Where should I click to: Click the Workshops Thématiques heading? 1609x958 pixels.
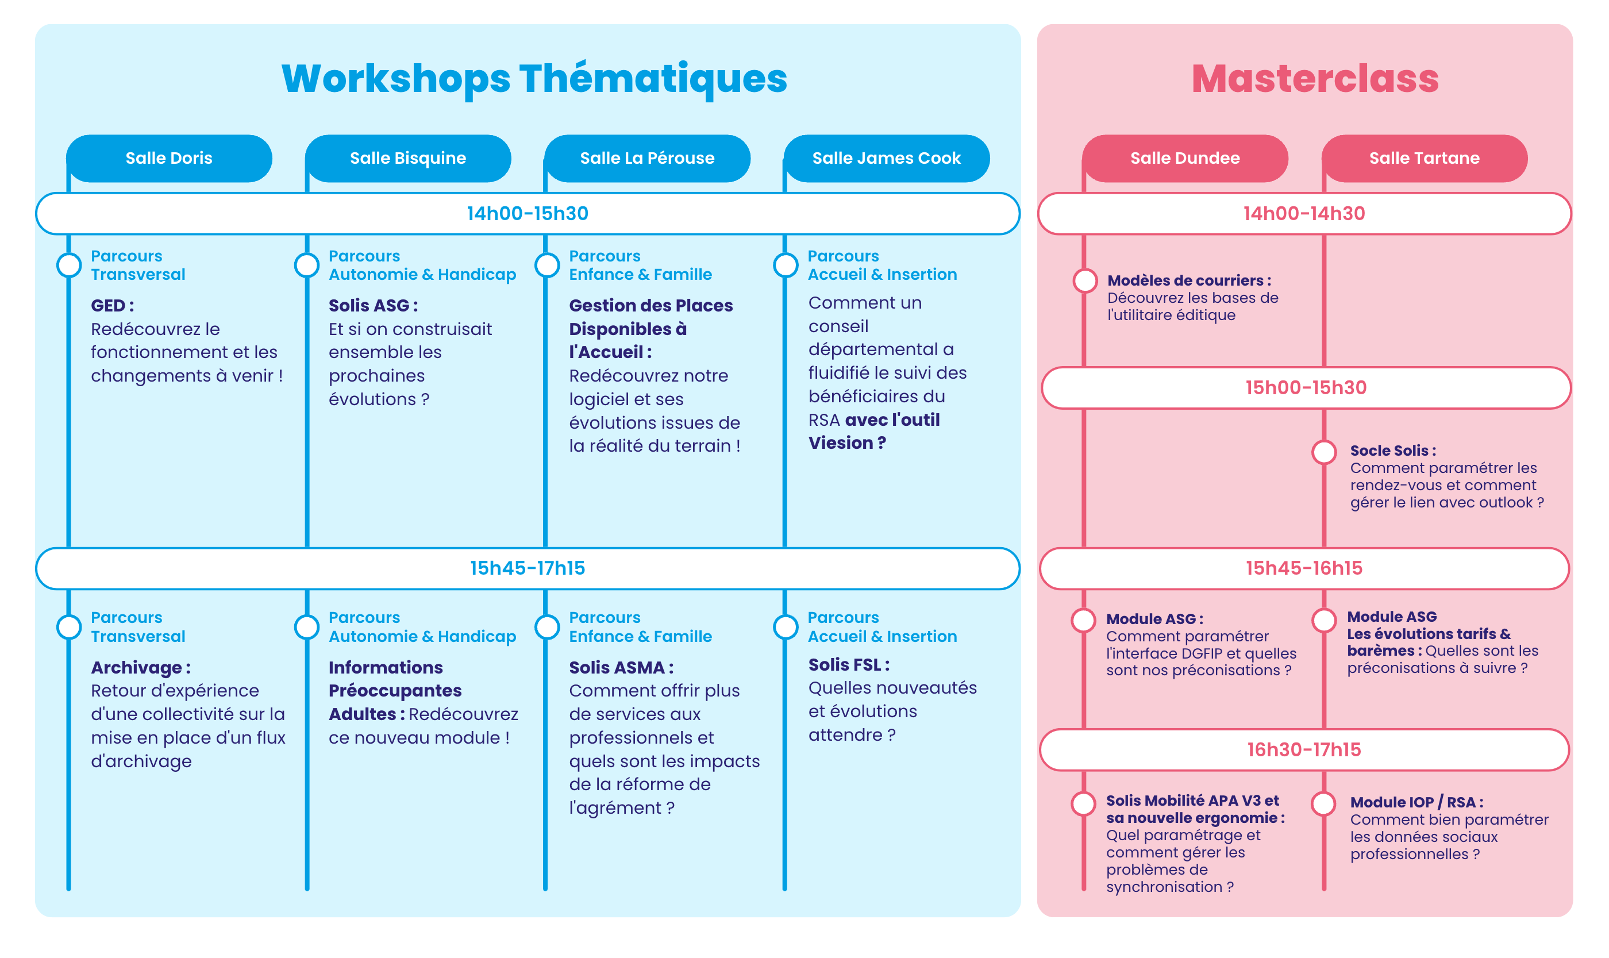point(534,79)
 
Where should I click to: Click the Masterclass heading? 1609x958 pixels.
point(1315,79)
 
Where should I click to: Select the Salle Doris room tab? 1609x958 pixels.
point(169,158)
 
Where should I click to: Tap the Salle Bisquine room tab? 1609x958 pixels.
point(408,158)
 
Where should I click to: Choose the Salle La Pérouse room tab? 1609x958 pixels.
point(648,158)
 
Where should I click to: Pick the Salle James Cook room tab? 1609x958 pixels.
point(886,158)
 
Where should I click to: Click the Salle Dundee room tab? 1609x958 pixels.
point(1185,158)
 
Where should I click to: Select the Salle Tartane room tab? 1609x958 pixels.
point(1425,158)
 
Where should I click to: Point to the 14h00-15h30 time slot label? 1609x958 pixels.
point(528,214)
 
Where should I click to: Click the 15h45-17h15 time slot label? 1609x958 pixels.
point(528,568)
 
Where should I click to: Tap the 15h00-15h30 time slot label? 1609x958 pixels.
point(1306,388)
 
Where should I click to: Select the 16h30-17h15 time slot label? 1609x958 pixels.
point(1304,749)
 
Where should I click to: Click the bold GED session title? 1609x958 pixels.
point(112,305)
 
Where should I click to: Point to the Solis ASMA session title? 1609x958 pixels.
point(621,668)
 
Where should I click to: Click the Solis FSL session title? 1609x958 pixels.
point(849,664)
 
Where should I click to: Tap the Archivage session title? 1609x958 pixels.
point(141,668)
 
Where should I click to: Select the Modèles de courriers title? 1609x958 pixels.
point(1189,281)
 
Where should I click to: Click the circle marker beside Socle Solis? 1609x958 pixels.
point(1324,452)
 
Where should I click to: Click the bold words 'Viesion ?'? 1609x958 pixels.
point(847,443)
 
